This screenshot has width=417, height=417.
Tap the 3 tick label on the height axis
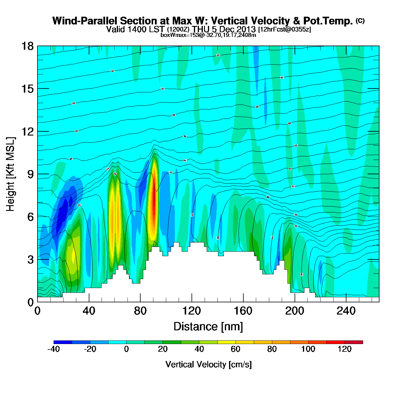[30, 259]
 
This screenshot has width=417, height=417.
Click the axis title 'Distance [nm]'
[208, 326]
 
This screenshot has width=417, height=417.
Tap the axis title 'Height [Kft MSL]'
[10, 174]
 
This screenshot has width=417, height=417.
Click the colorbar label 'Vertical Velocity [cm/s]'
[208, 364]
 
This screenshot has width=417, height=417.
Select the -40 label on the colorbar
[54, 349]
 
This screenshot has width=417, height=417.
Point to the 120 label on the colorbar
[345, 349]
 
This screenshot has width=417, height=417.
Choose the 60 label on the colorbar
[236, 349]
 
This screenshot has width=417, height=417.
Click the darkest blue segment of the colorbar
[63, 342]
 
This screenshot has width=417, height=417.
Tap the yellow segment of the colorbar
[226, 342]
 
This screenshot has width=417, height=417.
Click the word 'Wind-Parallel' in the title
[85, 21]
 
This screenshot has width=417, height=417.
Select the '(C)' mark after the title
[360, 21]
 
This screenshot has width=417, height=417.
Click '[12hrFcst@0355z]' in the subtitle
[284, 29]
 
